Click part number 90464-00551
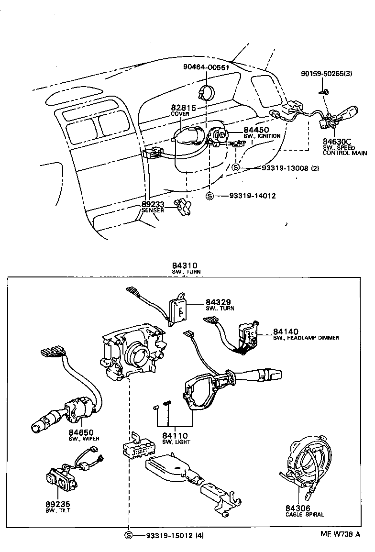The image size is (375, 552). click(207, 67)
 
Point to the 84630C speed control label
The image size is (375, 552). click(337, 141)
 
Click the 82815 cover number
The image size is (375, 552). click(184, 108)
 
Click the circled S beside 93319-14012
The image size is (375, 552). click(210, 196)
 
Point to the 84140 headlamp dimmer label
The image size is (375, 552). click(286, 331)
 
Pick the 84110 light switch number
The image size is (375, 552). click(175, 436)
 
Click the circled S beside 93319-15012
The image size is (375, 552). click(128, 535)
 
